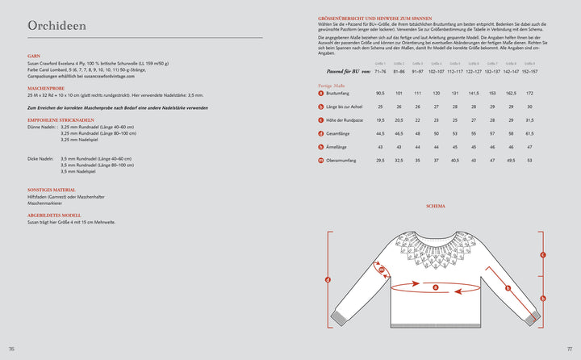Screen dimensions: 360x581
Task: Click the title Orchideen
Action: click(x=56, y=26)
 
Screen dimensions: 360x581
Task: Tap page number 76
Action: click(x=11, y=349)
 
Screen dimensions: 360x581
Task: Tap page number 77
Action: click(x=569, y=349)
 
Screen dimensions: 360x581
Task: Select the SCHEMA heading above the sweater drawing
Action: click(x=436, y=207)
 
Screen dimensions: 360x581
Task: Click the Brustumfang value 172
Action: click(x=529, y=93)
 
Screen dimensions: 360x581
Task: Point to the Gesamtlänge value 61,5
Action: click(x=529, y=133)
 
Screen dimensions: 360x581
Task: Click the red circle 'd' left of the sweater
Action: click(x=328, y=280)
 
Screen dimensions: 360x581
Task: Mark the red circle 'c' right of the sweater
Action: click(x=543, y=255)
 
